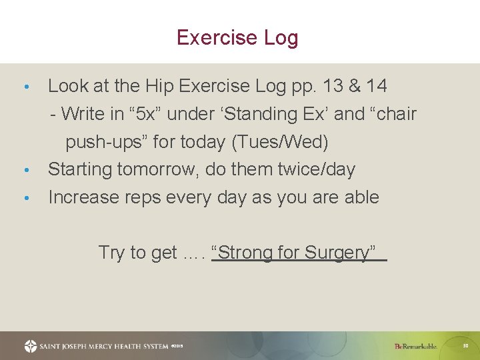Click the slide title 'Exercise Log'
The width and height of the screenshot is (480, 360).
coord(237,37)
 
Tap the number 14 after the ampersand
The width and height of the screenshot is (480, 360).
coord(375,86)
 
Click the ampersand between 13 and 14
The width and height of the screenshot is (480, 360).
coord(354,86)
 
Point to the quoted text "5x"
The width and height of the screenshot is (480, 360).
coord(146,114)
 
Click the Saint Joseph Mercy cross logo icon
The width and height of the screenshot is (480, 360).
coord(31,346)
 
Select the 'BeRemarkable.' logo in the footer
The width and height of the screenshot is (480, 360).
coord(415,346)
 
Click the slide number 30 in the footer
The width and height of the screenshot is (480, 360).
coord(467,345)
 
